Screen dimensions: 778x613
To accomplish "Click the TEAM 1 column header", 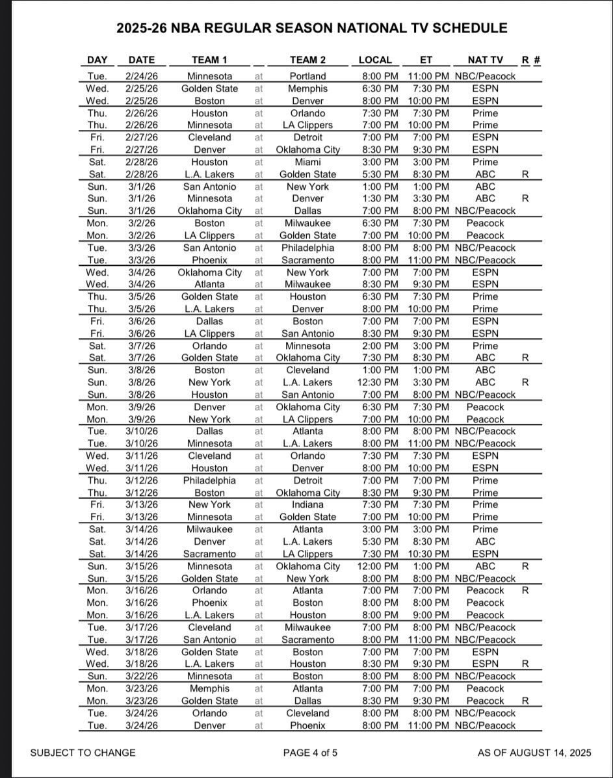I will coord(209,60).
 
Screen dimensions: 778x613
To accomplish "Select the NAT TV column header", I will coord(485,60).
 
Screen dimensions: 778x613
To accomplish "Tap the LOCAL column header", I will coord(375,60).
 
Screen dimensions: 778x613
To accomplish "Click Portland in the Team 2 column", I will coord(307,76).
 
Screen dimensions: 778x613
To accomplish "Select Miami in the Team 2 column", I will coord(307,162).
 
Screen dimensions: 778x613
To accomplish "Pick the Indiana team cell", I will coord(307,504).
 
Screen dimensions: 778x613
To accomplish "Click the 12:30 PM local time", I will coord(378,382).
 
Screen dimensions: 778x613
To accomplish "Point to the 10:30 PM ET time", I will coord(428,554).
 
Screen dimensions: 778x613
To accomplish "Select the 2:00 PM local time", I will coord(380,346).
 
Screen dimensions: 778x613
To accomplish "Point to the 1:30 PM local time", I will coord(380,198).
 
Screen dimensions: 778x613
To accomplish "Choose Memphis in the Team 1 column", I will coord(209,688).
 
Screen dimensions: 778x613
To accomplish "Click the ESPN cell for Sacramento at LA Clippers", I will coord(485,554).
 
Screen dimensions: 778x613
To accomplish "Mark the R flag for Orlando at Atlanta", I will coord(525,590).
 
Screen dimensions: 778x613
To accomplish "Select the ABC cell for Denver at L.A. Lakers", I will coord(485,541).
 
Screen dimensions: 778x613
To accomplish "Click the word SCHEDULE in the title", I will coord(465,28).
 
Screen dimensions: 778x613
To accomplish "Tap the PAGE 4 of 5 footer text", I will coord(310,753).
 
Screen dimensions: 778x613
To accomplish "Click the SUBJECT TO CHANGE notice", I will coord(83,753).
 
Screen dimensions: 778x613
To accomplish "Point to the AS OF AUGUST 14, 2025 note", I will coord(534,753).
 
